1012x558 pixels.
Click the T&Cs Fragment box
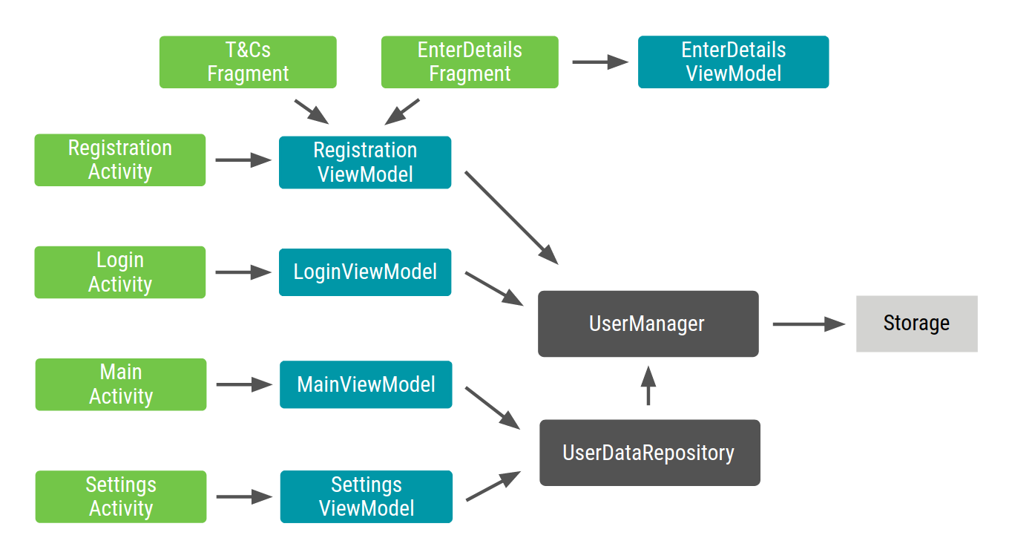pos(248,62)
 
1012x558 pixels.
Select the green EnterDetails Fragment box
pos(470,62)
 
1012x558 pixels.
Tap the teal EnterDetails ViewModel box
pos(733,62)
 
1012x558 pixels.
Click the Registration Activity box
pos(120,160)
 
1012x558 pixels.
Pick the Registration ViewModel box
pos(365,162)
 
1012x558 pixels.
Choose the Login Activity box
pos(120,272)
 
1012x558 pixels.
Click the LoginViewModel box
pos(365,272)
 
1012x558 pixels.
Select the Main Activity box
pos(121,384)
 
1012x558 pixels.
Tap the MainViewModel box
pos(366,384)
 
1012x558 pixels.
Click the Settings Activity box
pos(121,496)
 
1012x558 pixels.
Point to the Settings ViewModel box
pos(366,496)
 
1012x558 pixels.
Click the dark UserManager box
pos(648,324)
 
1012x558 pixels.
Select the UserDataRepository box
pos(649,453)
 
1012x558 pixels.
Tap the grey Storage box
pos(916,324)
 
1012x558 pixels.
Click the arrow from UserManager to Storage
pos(808,324)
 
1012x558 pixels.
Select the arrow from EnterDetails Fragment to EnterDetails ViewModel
pos(599,62)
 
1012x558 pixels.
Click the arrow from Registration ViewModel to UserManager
pos(511,217)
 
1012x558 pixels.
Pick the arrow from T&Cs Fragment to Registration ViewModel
pos(312,111)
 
